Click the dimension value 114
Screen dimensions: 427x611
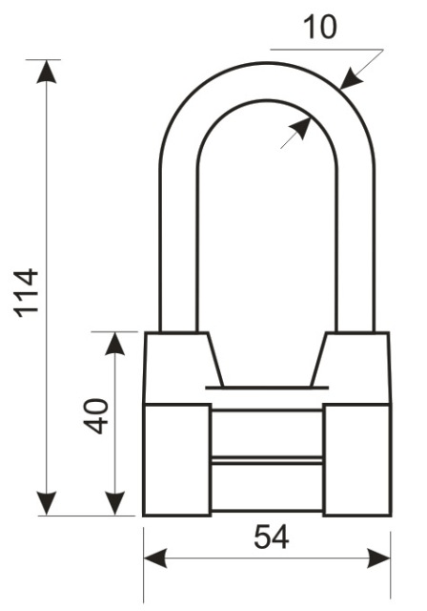tap(27, 293)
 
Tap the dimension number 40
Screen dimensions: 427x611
tap(95, 416)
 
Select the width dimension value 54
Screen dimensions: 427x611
tap(272, 537)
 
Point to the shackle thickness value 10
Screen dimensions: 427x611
tap(319, 28)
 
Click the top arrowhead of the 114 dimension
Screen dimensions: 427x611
tap(47, 72)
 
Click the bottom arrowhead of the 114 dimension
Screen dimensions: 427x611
tap(47, 503)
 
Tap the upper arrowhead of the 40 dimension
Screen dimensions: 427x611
tap(115, 344)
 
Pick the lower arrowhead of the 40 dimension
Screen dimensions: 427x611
tap(115, 503)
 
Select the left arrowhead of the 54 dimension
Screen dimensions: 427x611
tap(155, 558)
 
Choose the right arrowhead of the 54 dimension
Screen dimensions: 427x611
tap(378, 558)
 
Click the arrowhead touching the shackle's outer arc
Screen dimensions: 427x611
tap(350, 78)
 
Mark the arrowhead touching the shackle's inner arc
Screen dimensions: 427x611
tap(300, 128)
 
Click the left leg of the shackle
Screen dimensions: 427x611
tap(177, 249)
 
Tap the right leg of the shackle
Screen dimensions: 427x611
tap(356, 249)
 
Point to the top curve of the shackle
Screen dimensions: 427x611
tap(268, 80)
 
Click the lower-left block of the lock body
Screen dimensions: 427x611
tap(177, 460)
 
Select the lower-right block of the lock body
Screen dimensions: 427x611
tap(357, 460)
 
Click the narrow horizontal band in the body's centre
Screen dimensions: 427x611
tap(267, 461)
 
